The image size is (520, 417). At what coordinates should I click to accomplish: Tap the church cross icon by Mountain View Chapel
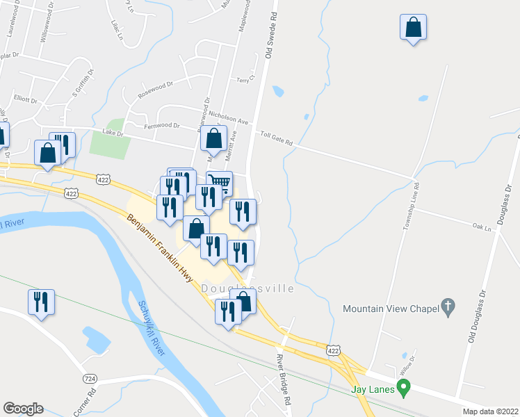(448, 306)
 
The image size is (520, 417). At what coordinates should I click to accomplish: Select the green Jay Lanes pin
(402, 387)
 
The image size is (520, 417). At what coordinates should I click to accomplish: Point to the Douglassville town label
(247, 288)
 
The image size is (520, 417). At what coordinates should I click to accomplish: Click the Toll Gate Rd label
(277, 138)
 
